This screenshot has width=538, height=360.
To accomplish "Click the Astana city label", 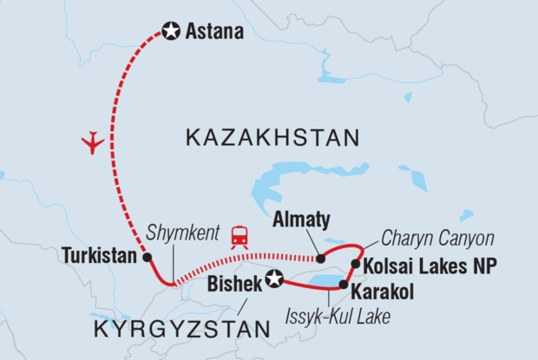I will pos(212,34).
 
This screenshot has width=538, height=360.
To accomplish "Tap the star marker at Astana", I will pos(171,33).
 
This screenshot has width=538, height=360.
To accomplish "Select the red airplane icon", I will pos(91,142).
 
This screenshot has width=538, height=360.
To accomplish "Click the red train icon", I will pos(239,236).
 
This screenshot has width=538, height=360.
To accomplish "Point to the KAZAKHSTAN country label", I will pos(272,138).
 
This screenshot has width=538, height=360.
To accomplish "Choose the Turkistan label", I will pos(100,257).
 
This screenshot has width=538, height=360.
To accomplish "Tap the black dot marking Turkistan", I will pos(148,258).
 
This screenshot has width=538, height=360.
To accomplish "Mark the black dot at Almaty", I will pos(320,258).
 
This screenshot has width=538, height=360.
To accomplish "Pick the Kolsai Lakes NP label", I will pos(430,265).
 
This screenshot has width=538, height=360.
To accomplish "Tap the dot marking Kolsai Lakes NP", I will pos(355,265).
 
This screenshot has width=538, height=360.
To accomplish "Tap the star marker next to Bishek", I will pos(275,279).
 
